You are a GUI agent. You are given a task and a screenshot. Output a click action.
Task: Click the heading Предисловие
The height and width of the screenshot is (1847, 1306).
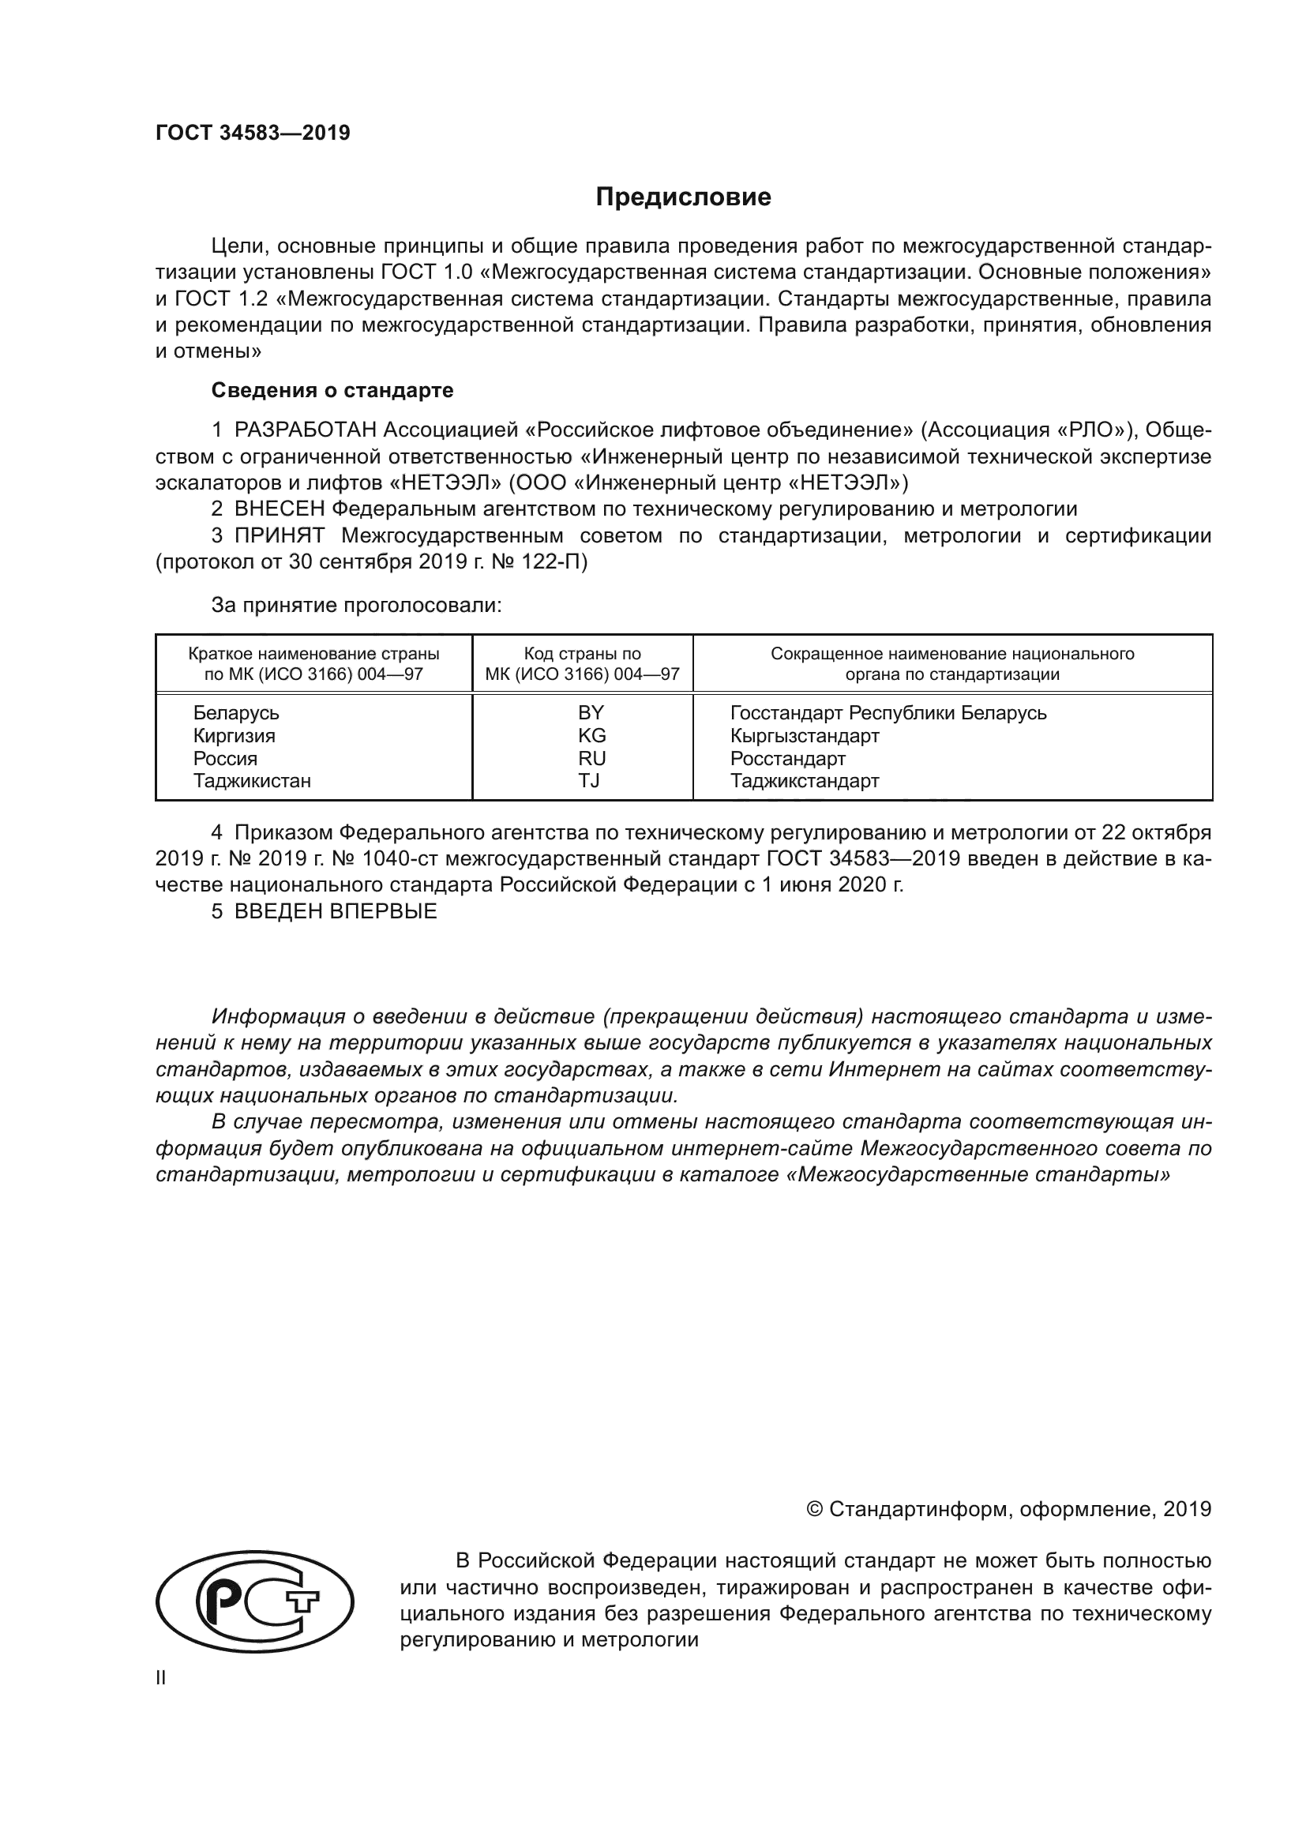(683, 197)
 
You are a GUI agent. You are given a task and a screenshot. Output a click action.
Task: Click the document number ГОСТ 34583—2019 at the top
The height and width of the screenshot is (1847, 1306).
(253, 133)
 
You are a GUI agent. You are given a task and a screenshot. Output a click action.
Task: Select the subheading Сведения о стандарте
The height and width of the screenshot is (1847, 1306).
(332, 390)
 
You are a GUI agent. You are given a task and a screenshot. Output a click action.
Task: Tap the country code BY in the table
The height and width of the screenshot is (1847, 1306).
(591, 713)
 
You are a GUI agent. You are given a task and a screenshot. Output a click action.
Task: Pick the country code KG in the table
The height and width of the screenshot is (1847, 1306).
(591, 735)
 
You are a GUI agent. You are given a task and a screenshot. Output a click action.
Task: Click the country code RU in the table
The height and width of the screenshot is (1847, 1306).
(591, 758)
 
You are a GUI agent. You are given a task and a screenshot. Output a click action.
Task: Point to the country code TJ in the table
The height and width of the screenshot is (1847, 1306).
(589, 780)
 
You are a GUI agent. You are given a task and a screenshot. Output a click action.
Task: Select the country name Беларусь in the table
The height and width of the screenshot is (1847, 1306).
(235, 713)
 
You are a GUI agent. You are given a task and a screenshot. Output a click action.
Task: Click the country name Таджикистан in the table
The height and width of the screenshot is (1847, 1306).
(252, 780)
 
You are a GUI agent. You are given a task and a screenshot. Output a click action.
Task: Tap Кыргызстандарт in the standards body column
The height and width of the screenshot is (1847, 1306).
(804, 735)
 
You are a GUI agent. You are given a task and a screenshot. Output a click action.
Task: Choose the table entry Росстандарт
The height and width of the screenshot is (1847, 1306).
(787, 758)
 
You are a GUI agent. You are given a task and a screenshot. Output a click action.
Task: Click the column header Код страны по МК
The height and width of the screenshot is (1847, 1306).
(582, 663)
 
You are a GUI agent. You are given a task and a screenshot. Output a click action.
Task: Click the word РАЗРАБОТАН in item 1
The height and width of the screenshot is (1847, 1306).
(306, 430)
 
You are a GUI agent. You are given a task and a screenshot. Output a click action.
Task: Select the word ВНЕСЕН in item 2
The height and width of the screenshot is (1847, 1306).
(280, 509)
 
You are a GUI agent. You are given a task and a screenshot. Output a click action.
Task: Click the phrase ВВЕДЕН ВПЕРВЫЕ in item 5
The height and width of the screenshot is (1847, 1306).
(336, 911)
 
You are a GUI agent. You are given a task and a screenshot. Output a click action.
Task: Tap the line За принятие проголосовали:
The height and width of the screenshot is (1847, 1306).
(356, 605)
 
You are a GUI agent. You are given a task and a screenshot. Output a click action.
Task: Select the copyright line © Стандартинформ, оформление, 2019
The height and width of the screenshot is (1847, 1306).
(1008, 1509)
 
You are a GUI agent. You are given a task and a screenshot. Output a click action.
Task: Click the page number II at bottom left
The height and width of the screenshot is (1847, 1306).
(161, 1677)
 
